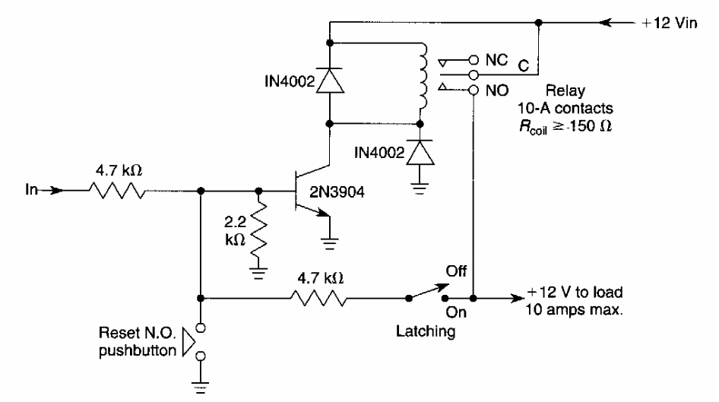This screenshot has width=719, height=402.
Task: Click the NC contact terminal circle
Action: coord(473,58)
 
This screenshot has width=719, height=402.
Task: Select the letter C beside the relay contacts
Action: coord(524,65)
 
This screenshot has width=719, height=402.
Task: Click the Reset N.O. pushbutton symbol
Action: coord(195,341)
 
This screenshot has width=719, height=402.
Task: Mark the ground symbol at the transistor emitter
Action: coord(329,243)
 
